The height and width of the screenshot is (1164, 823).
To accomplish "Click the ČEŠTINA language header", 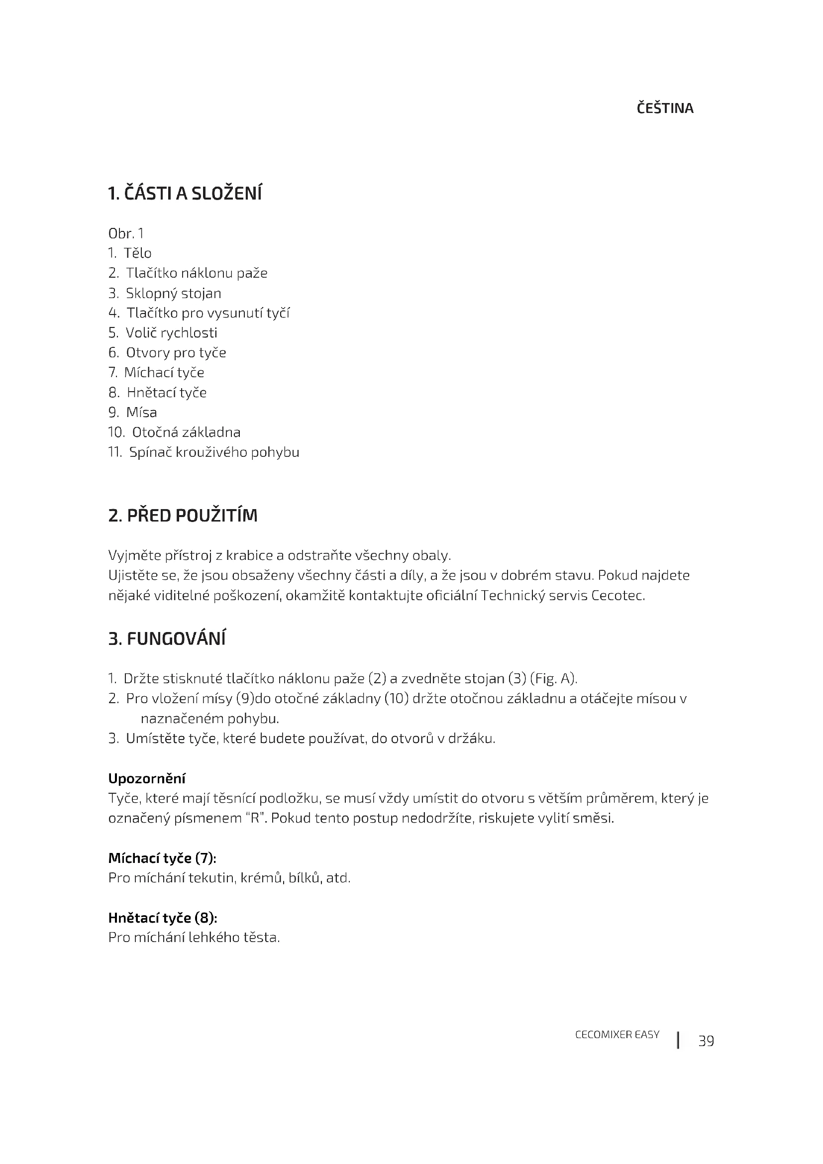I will [x=665, y=108].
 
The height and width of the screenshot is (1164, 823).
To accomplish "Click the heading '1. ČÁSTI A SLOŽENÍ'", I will [x=185, y=194].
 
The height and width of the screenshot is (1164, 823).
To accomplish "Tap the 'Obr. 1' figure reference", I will [x=126, y=234].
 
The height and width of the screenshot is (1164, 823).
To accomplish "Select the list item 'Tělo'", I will [x=137, y=253].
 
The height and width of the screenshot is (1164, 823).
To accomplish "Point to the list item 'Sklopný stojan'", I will [x=173, y=294].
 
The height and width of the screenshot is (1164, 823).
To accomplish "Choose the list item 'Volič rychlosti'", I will [x=171, y=333].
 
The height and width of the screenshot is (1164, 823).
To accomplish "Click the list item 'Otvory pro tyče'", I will [x=176, y=353].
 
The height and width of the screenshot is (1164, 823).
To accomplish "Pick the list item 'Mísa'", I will [x=141, y=413].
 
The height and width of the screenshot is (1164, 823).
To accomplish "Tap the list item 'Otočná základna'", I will [x=186, y=432].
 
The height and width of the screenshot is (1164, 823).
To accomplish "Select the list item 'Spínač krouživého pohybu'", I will [x=214, y=452].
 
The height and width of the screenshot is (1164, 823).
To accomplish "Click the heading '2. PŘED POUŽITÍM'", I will [x=183, y=516].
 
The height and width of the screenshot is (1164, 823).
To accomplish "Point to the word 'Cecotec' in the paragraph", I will [x=618, y=595].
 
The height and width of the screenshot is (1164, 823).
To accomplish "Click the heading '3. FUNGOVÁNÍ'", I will [x=167, y=639].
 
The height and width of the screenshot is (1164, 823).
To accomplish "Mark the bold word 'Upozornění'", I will [x=147, y=778].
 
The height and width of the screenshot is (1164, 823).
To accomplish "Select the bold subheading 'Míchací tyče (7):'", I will [x=162, y=858].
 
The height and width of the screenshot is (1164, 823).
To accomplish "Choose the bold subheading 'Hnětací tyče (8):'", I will [x=163, y=918].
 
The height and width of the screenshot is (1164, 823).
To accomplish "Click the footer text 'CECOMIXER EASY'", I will [x=617, y=1035].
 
